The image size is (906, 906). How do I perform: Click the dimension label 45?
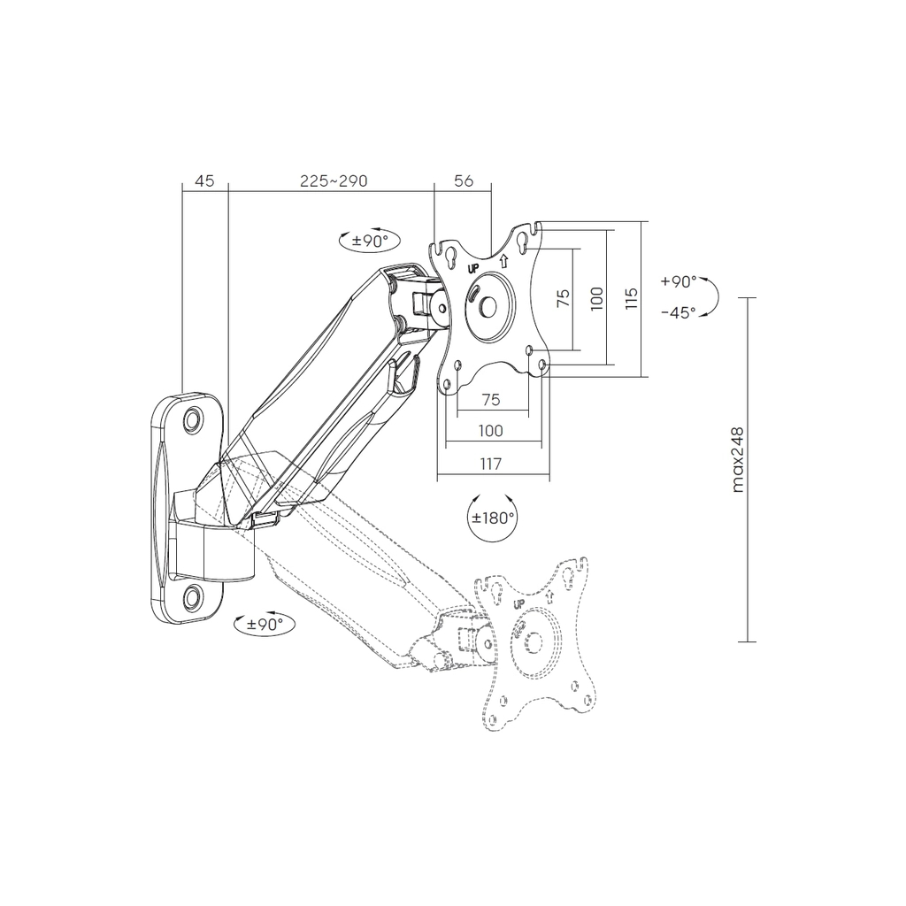coord(204,180)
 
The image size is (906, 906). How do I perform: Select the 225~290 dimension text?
coord(334,180)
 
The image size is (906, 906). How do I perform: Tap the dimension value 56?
coord(464,180)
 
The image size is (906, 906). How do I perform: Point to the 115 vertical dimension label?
coord(632,298)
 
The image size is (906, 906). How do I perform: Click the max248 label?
coord(737,460)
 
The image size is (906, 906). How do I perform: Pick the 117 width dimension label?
coord(490,464)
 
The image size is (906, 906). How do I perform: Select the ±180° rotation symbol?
coord(492,517)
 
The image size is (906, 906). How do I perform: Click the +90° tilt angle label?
coord(679,281)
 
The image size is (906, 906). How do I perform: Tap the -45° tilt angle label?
coord(679,312)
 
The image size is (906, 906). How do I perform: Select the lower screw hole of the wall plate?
coord(193,595)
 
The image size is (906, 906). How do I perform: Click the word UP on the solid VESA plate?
coord(473,268)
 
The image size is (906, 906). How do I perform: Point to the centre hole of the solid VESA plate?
coord(488,307)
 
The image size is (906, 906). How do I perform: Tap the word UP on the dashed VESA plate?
coord(518,604)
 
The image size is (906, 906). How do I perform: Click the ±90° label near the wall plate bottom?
coord(265,624)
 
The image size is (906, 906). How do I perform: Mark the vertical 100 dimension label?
coord(597,298)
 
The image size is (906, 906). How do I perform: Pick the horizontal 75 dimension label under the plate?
coord(490,400)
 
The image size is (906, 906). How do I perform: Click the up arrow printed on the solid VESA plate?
coord(503,261)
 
